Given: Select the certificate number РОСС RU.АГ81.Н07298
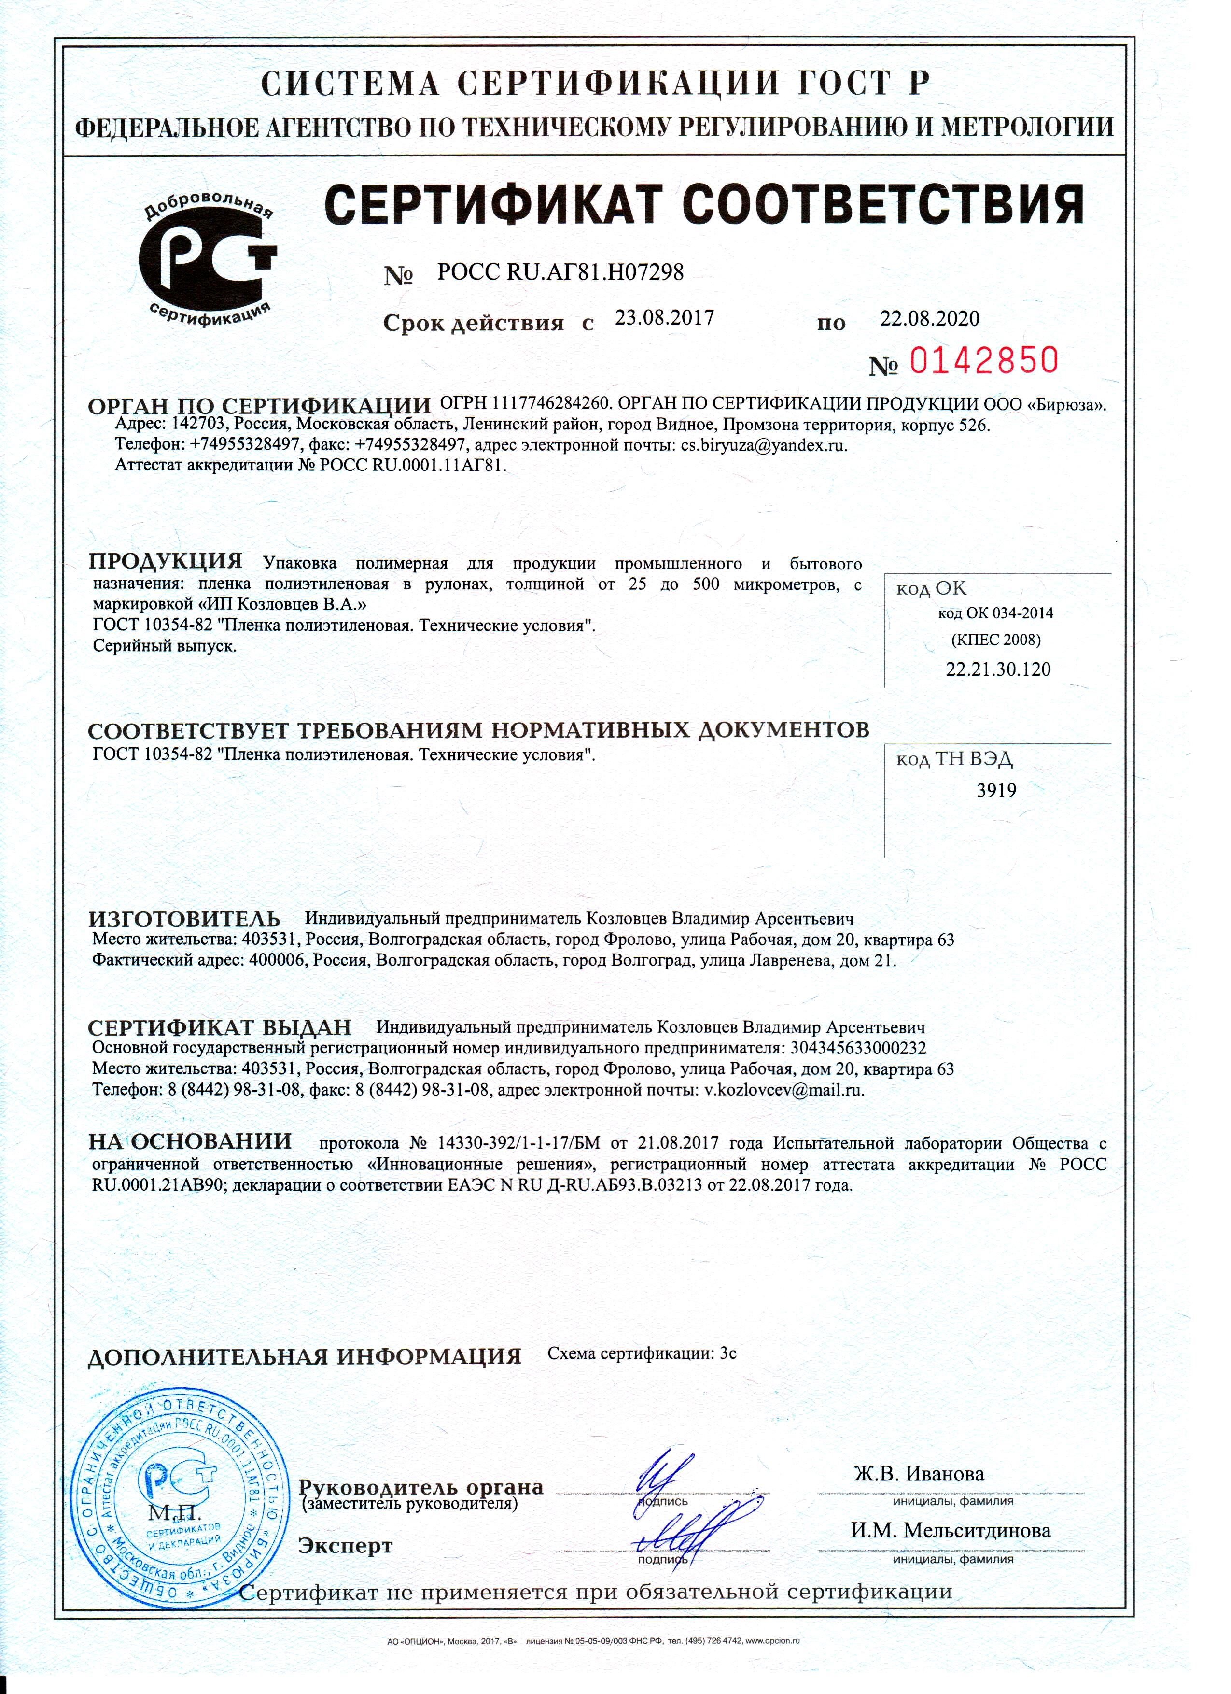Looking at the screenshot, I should [560, 273].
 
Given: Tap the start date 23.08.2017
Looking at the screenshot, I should [664, 318].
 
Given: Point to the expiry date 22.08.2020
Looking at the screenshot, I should [929, 319].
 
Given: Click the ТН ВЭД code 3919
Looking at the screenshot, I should [996, 790].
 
